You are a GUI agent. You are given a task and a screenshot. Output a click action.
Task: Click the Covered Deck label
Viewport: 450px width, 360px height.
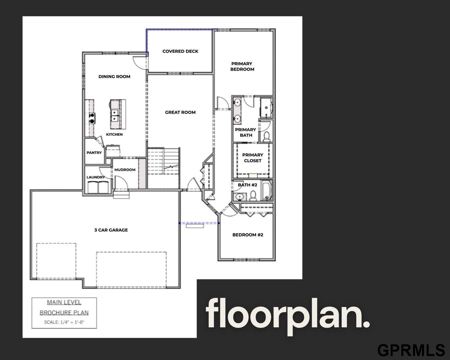tap(180, 51)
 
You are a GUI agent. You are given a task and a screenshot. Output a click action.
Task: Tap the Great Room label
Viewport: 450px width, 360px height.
tap(180, 112)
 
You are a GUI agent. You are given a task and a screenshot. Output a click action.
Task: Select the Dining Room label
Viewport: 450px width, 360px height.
tap(114, 77)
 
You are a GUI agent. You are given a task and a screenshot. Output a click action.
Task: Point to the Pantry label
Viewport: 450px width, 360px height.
tap(94, 153)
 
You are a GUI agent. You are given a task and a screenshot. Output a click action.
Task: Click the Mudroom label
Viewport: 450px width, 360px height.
tap(125, 170)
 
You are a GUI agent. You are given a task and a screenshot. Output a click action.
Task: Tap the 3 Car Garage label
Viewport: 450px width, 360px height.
tap(111, 230)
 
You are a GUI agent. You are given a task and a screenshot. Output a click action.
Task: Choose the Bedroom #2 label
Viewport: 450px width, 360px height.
tap(248, 235)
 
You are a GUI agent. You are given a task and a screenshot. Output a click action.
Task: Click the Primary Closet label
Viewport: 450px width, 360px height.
tap(253, 158)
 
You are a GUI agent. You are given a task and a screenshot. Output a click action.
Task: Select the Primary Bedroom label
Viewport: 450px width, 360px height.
tap(242, 66)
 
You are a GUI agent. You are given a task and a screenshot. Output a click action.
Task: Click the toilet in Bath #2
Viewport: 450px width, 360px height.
tap(253, 196)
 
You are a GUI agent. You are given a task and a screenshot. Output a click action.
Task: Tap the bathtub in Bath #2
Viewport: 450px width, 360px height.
tap(267, 191)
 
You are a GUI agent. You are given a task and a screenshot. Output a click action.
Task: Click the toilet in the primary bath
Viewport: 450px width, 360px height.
tap(267, 137)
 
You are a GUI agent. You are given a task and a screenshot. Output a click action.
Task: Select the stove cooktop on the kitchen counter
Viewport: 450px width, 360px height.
tap(92, 118)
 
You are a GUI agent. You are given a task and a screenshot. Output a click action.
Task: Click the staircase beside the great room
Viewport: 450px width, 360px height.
tap(164, 161)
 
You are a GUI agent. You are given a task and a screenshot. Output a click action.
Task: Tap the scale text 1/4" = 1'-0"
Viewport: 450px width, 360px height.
tap(64, 322)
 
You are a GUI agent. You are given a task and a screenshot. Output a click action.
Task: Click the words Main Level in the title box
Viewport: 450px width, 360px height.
tap(64, 302)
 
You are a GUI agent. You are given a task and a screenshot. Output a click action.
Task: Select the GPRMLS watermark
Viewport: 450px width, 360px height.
tap(411, 350)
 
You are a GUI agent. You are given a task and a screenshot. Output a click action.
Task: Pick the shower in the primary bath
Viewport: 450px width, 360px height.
tap(266, 108)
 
